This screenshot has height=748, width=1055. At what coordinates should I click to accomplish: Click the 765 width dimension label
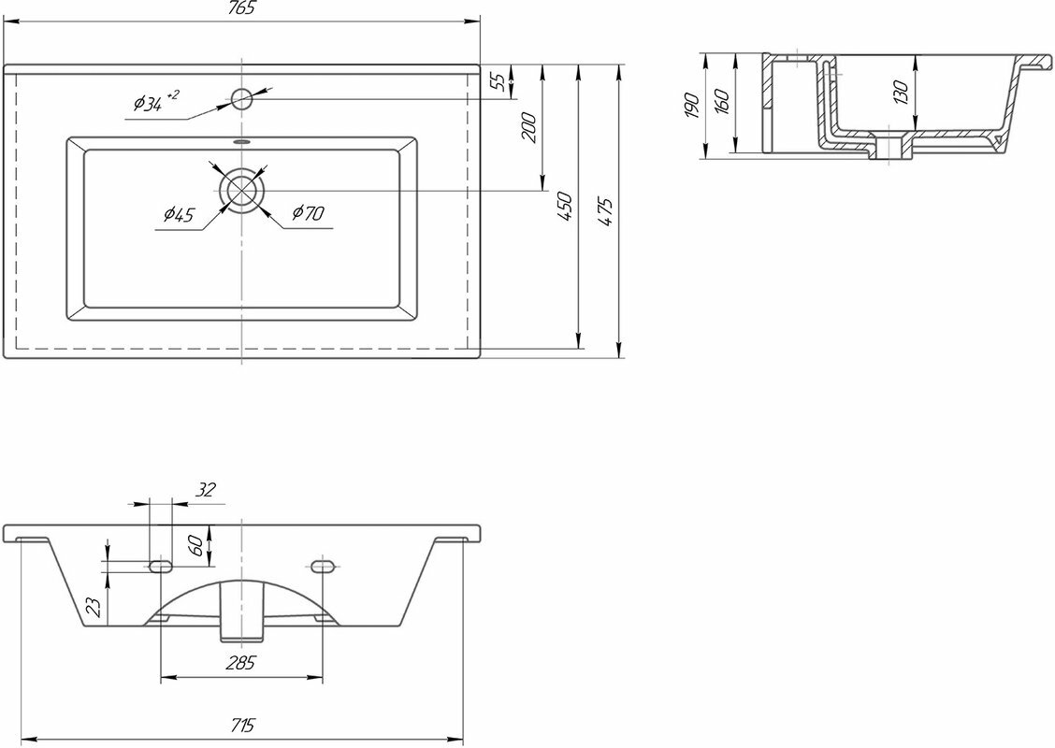(x=241, y=7)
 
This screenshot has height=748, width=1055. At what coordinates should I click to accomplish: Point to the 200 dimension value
(x=527, y=126)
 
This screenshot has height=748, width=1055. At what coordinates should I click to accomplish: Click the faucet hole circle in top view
(x=241, y=96)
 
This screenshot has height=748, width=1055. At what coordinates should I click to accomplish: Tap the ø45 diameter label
(x=178, y=216)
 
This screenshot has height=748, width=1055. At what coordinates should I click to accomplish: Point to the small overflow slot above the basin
(x=241, y=142)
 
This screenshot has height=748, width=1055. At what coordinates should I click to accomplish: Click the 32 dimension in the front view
(x=207, y=488)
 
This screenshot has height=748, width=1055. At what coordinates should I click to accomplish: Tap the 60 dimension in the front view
(x=196, y=545)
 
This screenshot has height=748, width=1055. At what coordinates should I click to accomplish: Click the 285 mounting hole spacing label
(x=241, y=663)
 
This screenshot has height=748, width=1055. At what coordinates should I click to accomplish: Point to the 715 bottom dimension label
(x=241, y=725)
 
